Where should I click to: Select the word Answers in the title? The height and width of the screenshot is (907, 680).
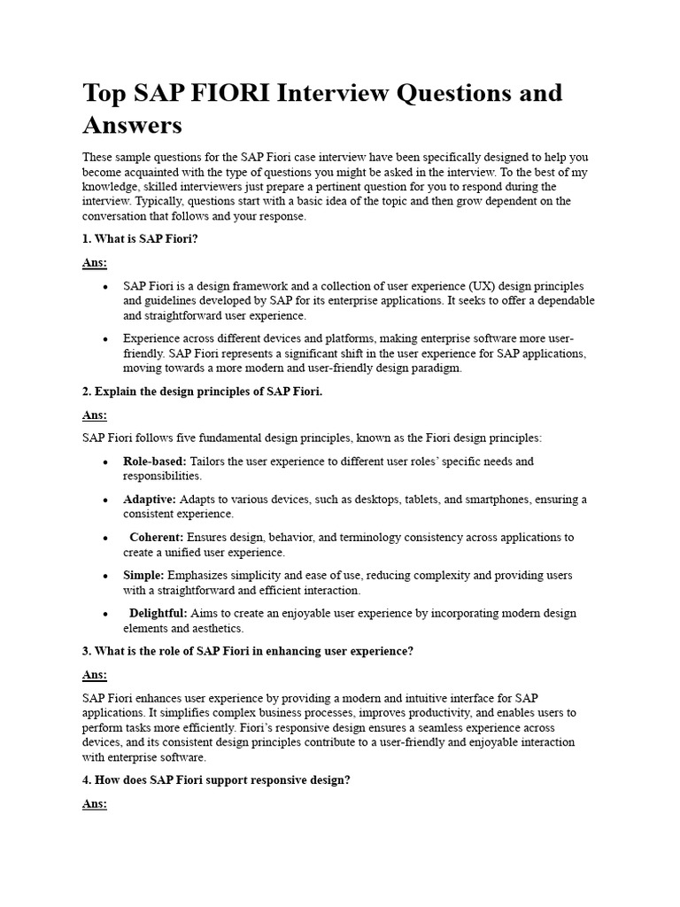[x=132, y=124]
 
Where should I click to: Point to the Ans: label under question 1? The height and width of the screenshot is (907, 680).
[x=95, y=263]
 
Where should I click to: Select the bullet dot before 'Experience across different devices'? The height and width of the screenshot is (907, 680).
[x=105, y=339]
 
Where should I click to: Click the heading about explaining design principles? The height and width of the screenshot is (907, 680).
[x=202, y=391]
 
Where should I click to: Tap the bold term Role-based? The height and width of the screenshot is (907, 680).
[x=155, y=461]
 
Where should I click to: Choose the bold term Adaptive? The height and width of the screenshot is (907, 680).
[x=150, y=500]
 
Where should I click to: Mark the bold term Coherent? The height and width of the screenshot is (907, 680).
[x=157, y=537]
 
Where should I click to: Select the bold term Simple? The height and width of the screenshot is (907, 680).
[x=143, y=575]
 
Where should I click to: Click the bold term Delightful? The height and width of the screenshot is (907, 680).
[x=158, y=613]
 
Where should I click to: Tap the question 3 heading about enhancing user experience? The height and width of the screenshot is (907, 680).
[x=248, y=651]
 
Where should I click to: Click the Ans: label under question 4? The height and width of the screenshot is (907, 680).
[x=95, y=804]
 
